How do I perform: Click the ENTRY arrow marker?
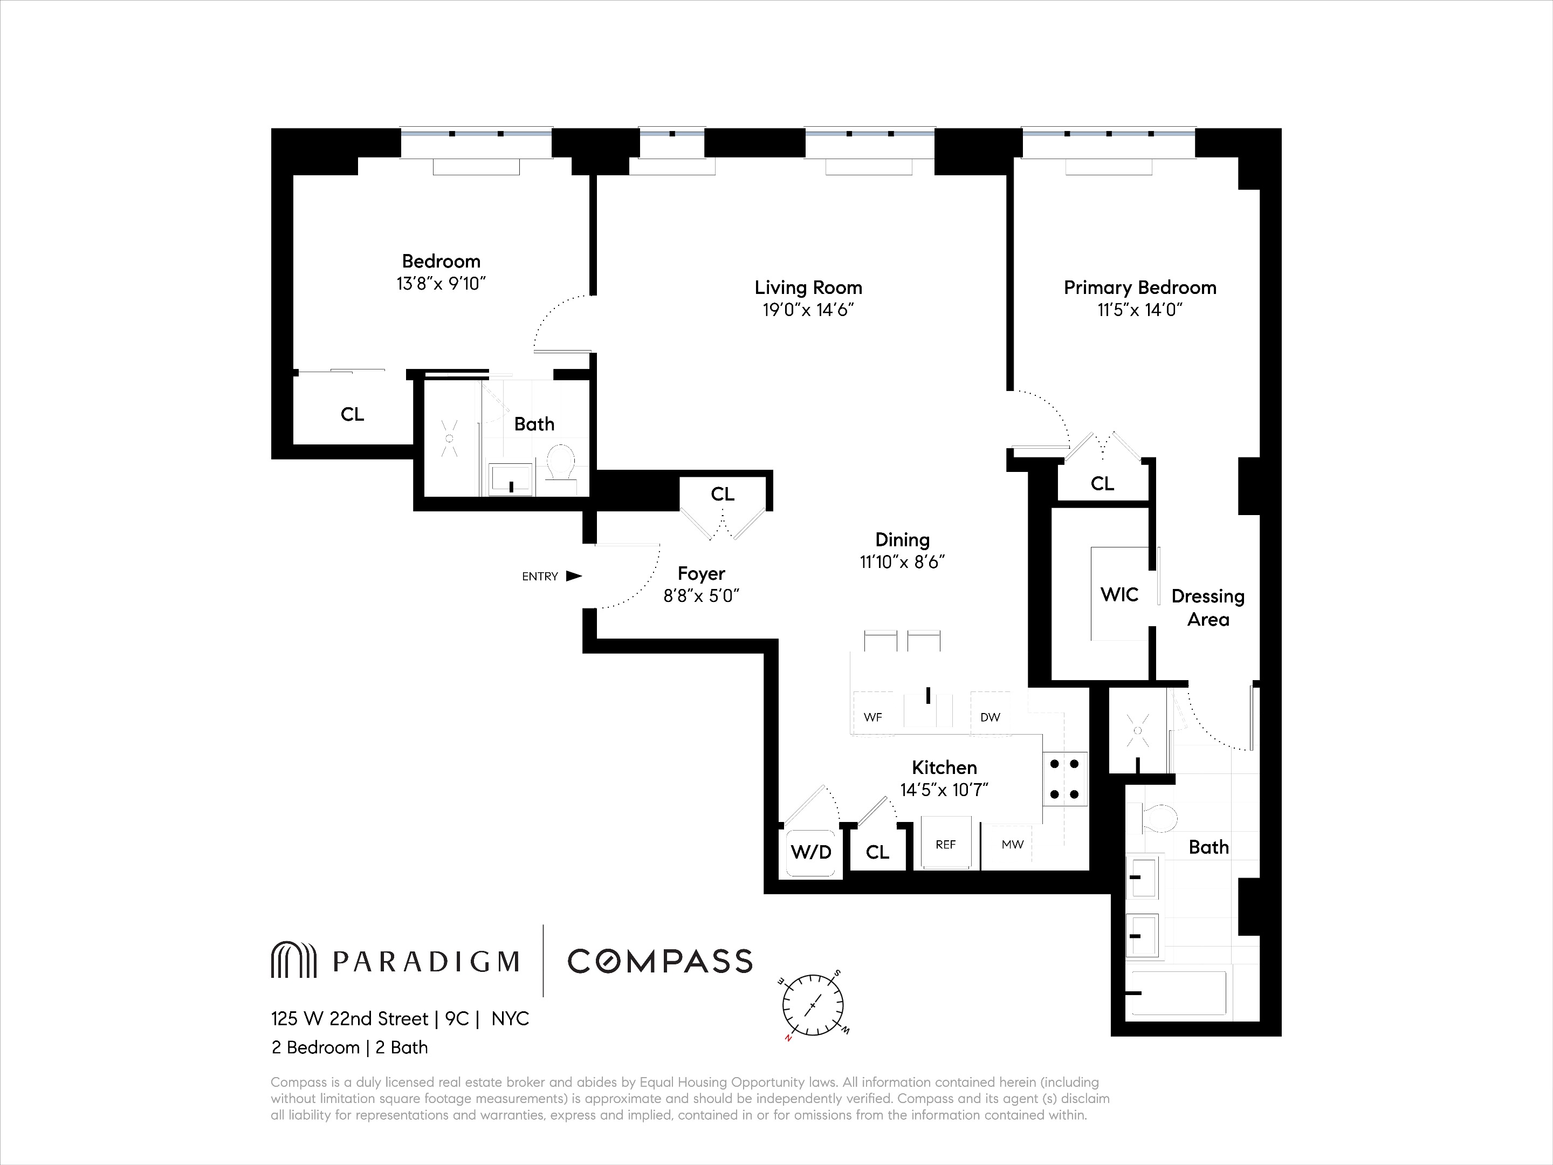pos(574,577)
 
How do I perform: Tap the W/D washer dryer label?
pos(811,852)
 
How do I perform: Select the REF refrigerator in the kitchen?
pos(946,845)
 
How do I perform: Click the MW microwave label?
pos(1012,845)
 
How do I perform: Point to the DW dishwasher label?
pos(990,717)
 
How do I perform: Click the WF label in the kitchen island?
pos(872,717)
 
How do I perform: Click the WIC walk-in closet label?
pos(1119,595)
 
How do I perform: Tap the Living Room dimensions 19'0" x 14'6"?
pos(808,310)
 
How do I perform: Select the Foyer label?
pos(700,574)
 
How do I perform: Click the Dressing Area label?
pos(1207,607)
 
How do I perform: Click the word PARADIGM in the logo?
pos(425,961)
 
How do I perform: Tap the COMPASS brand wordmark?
pos(659,961)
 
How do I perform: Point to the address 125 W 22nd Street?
pos(349,1019)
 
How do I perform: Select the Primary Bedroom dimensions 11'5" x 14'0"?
pos(1140,310)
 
